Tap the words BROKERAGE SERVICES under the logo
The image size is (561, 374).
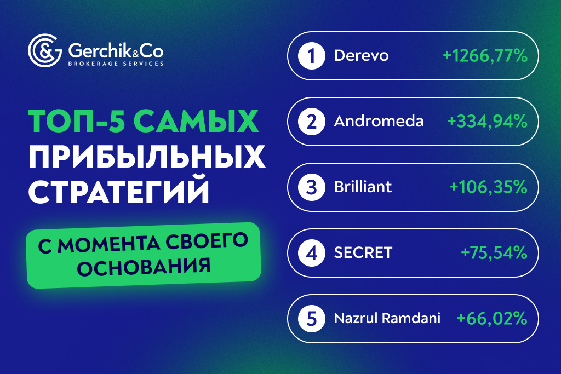tap(115, 64)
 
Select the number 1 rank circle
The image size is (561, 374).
tap(311, 56)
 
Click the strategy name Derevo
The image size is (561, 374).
tap(361, 56)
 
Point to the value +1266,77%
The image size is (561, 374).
tap(485, 56)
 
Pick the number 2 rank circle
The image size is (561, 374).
tap(311, 122)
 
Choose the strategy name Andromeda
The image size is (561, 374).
tap(379, 122)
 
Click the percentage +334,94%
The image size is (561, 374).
tap(487, 122)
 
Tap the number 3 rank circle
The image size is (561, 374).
tap(311, 187)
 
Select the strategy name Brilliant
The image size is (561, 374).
tap(363, 187)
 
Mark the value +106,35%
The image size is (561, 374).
tap(488, 187)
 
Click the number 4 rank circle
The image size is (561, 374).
tap(311, 253)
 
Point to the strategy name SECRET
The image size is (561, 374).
tap(363, 253)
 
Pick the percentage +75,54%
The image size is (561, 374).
tap(494, 253)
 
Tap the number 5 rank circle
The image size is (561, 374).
tap(311, 319)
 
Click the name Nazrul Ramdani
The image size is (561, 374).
tap(387, 319)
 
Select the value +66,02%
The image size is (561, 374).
tap(491, 319)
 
